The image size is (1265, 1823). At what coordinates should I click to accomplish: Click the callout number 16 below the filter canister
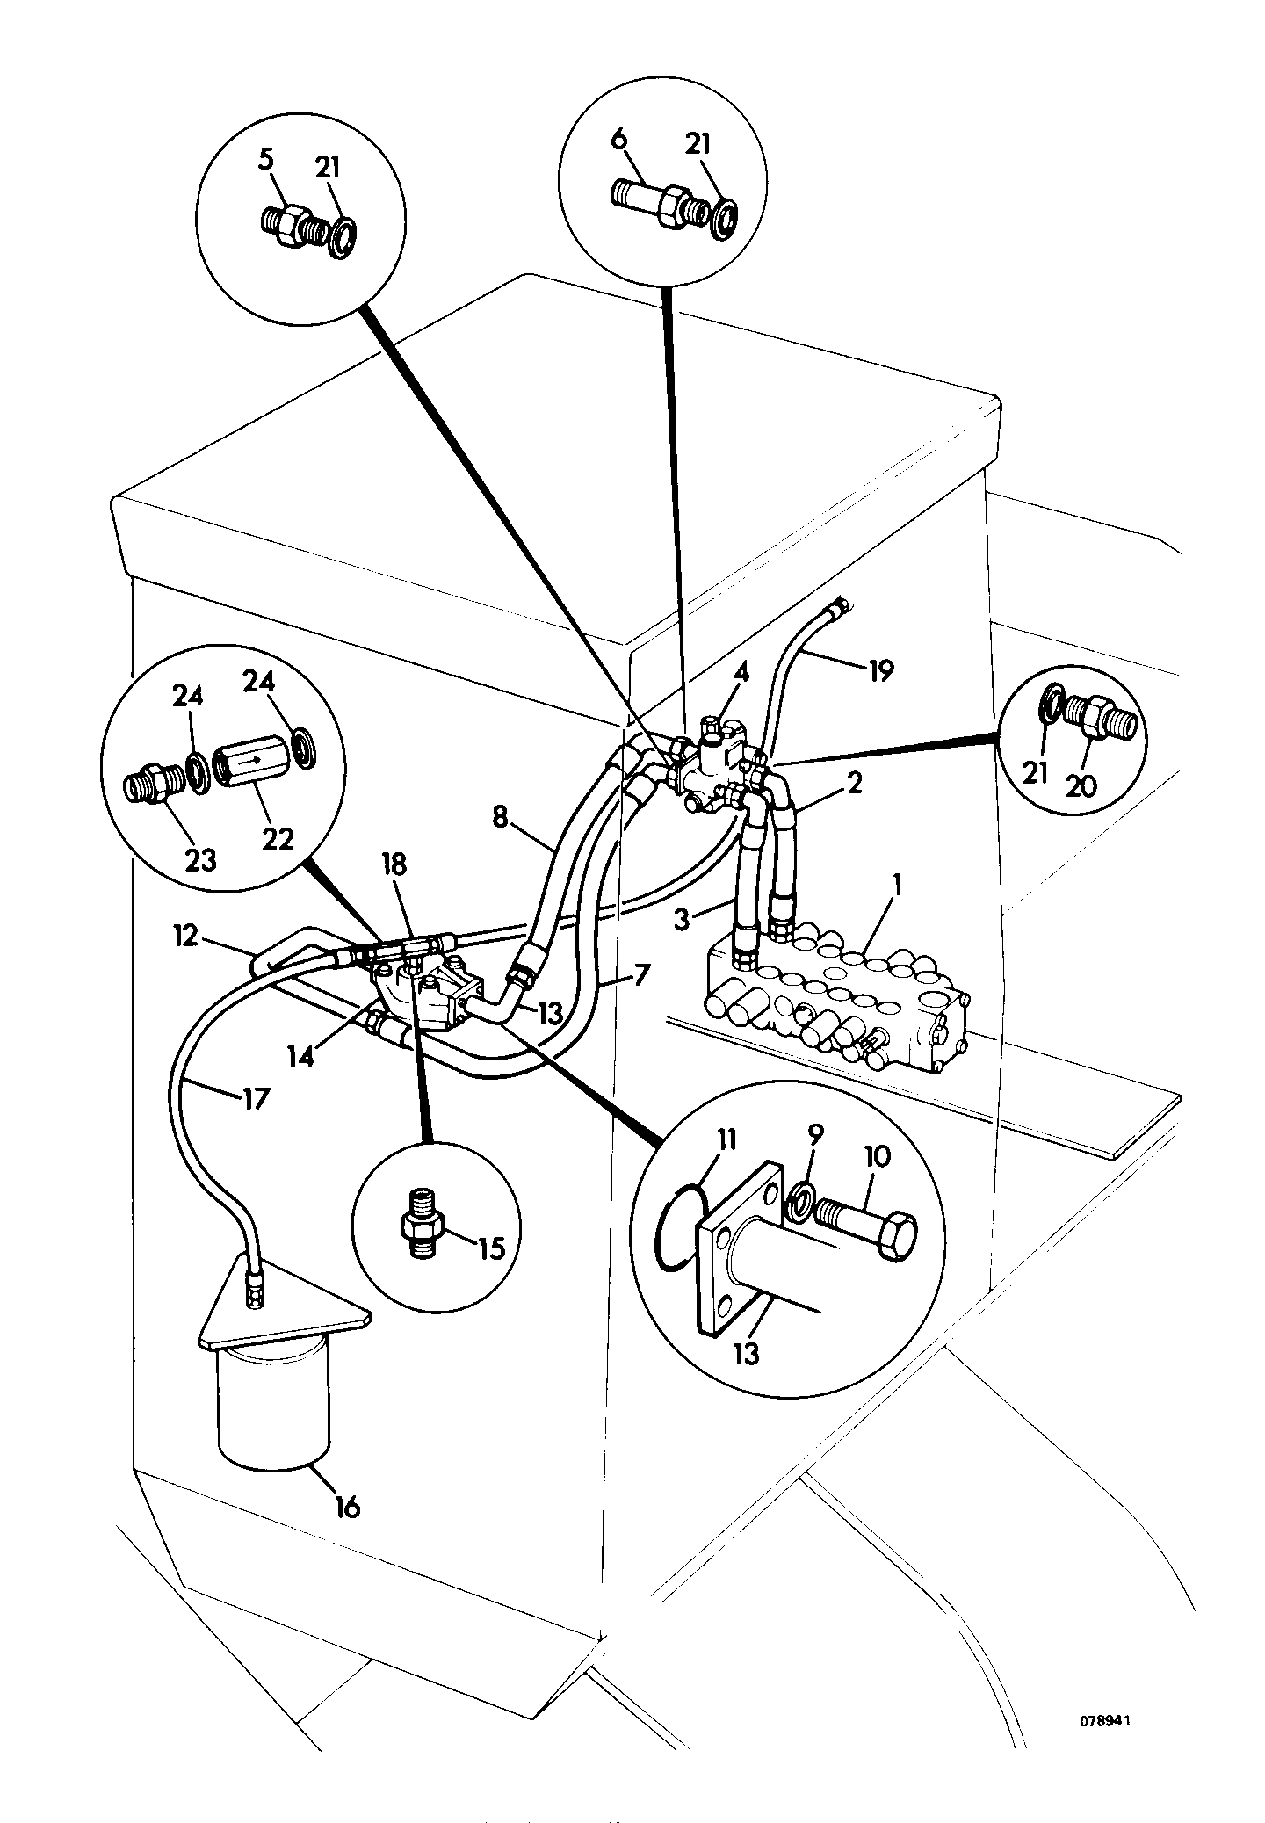point(346,1506)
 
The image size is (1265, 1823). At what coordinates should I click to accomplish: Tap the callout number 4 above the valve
point(741,673)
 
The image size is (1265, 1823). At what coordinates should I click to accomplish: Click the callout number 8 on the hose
point(500,818)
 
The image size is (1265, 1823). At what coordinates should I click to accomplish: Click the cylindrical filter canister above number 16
point(274,1418)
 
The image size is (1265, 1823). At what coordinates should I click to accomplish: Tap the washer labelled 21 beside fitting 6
point(726,216)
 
